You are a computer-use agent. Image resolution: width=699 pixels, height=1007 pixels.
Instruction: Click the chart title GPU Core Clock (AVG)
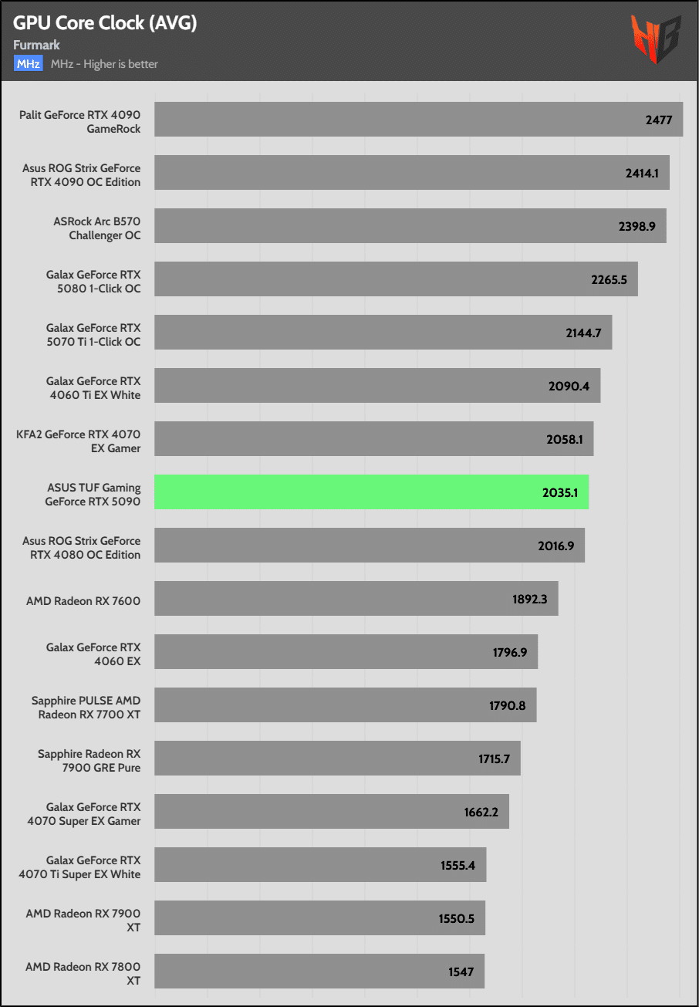pyautogui.click(x=105, y=23)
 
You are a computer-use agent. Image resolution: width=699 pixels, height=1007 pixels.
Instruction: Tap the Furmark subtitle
pyautogui.click(x=37, y=46)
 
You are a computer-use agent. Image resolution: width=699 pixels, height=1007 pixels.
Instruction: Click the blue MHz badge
pyautogui.click(x=28, y=64)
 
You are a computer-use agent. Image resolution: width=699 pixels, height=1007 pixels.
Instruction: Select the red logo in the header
pyautogui.click(x=656, y=39)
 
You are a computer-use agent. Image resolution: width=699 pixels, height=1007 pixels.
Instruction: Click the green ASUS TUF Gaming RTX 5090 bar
pyautogui.click(x=371, y=492)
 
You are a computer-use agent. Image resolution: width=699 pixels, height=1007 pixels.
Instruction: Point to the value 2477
pyautogui.click(x=659, y=120)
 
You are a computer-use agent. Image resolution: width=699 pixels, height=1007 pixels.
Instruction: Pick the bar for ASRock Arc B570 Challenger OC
pyautogui.click(x=410, y=226)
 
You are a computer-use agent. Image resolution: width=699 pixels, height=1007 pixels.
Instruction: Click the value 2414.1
pyautogui.click(x=642, y=174)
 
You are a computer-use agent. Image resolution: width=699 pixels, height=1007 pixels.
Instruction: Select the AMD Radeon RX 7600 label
pyautogui.click(x=83, y=600)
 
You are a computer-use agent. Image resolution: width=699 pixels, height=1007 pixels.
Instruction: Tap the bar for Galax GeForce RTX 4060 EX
pyautogui.click(x=346, y=652)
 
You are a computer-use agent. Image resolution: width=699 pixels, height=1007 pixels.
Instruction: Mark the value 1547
pyautogui.click(x=461, y=972)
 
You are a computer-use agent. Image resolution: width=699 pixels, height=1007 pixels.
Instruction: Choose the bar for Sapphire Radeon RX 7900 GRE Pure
pyautogui.click(x=337, y=759)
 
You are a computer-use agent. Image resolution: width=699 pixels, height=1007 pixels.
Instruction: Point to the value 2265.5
pyautogui.click(x=609, y=280)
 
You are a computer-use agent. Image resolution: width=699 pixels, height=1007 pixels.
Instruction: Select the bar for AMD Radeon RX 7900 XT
pyautogui.click(x=319, y=918)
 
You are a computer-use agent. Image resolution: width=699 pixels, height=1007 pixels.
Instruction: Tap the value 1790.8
pyautogui.click(x=508, y=705)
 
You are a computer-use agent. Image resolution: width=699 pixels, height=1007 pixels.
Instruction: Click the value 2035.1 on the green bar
pyautogui.click(x=559, y=492)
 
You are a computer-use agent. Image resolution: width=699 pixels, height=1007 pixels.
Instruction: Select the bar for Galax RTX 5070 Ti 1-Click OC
pyautogui.click(x=383, y=333)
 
